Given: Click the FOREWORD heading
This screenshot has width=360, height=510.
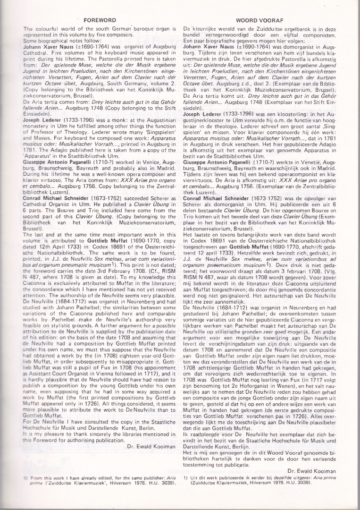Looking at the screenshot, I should coord(100,21).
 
